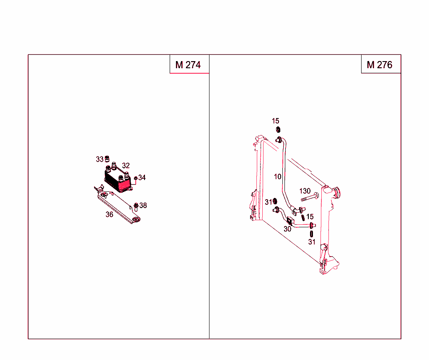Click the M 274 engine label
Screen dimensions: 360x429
pyautogui.click(x=188, y=65)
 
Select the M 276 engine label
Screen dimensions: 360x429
pyautogui.click(x=380, y=65)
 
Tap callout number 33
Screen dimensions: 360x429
pyautogui.click(x=99, y=159)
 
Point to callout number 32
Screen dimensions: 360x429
pyautogui.click(x=126, y=165)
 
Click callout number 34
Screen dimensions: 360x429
pyautogui.click(x=142, y=177)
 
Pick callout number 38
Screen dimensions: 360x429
pyautogui.click(x=143, y=206)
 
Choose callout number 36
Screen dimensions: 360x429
pyautogui.click(x=109, y=214)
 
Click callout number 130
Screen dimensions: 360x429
pyautogui.click(x=305, y=191)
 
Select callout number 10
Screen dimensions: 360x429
pyautogui.click(x=278, y=177)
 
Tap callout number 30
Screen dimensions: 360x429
pyautogui.click(x=287, y=229)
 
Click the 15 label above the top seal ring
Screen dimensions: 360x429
pyautogui.click(x=275, y=121)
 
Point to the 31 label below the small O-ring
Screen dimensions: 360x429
pyautogui.click(x=312, y=242)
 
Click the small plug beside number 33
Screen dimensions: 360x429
pyautogui.click(x=107, y=159)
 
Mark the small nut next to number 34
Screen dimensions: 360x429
pyautogui.click(x=136, y=178)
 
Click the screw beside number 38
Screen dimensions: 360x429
pyautogui.click(x=136, y=206)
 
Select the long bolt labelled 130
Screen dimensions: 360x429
pyautogui.click(x=309, y=197)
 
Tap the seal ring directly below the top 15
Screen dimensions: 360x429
pyautogui.click(x=278, y=129)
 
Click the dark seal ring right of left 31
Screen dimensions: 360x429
pyautogui.click(x=275, y=201)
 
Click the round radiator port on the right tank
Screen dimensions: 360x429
pyautogui.click(x=337, y=194)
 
